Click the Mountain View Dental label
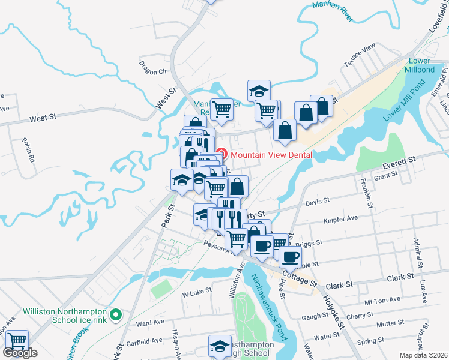point(272,154)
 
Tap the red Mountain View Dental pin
point(221,154)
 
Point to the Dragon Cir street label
point(153,67)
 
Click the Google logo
point(20,353)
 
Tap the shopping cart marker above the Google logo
point(17,340)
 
